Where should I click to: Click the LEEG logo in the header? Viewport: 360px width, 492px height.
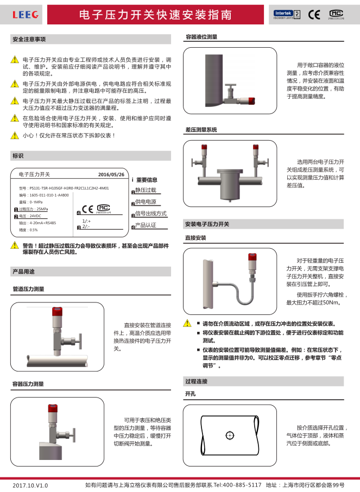(x=26, y=15)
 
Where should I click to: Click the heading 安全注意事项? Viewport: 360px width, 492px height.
(x=29, y=40)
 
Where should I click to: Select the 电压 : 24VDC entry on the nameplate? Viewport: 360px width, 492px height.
(x=30, y=216)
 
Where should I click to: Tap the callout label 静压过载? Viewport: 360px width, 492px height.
(x=146, y=190)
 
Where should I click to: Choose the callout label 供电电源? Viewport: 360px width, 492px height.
(x=146, y=202)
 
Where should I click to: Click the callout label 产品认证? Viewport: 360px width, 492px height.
(x=146, y=225)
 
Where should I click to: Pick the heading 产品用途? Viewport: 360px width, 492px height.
(x=23, y=271)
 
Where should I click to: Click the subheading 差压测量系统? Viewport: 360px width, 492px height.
(x=201, y=130)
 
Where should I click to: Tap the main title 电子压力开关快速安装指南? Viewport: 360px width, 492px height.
(x=155, y=15)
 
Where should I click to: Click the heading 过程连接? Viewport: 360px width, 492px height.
(x=196, y=381)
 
